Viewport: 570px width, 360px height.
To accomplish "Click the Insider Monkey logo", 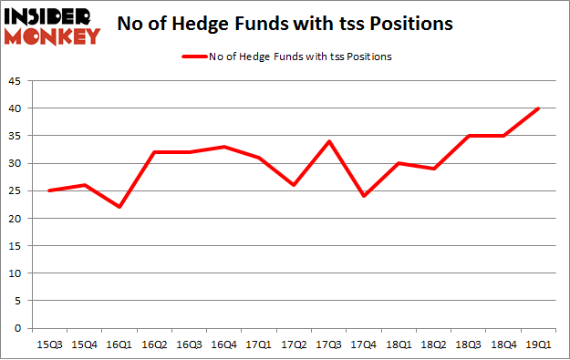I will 51,25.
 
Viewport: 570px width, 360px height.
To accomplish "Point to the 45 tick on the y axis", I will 17,81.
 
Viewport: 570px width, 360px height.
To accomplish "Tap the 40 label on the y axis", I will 17,108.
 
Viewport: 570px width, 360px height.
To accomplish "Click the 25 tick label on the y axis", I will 17,190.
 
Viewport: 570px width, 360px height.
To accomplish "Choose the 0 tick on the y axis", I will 20,328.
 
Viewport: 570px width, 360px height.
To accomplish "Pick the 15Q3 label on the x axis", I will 49,345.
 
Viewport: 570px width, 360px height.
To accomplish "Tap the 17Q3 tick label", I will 328,345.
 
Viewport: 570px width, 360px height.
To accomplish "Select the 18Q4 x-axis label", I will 503,345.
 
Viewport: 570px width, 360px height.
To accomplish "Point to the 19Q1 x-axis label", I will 538,345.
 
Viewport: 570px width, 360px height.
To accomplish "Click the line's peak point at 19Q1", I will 538,108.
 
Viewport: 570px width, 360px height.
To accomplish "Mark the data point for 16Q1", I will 119,207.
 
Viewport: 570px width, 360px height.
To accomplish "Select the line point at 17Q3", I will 328,141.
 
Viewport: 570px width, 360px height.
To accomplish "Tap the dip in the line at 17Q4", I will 364,196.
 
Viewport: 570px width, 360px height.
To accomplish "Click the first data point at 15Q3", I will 49,190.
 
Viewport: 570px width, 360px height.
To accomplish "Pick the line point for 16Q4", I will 224,147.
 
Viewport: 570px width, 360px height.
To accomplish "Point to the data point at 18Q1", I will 399,163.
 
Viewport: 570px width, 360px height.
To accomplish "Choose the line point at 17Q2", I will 294,185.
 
